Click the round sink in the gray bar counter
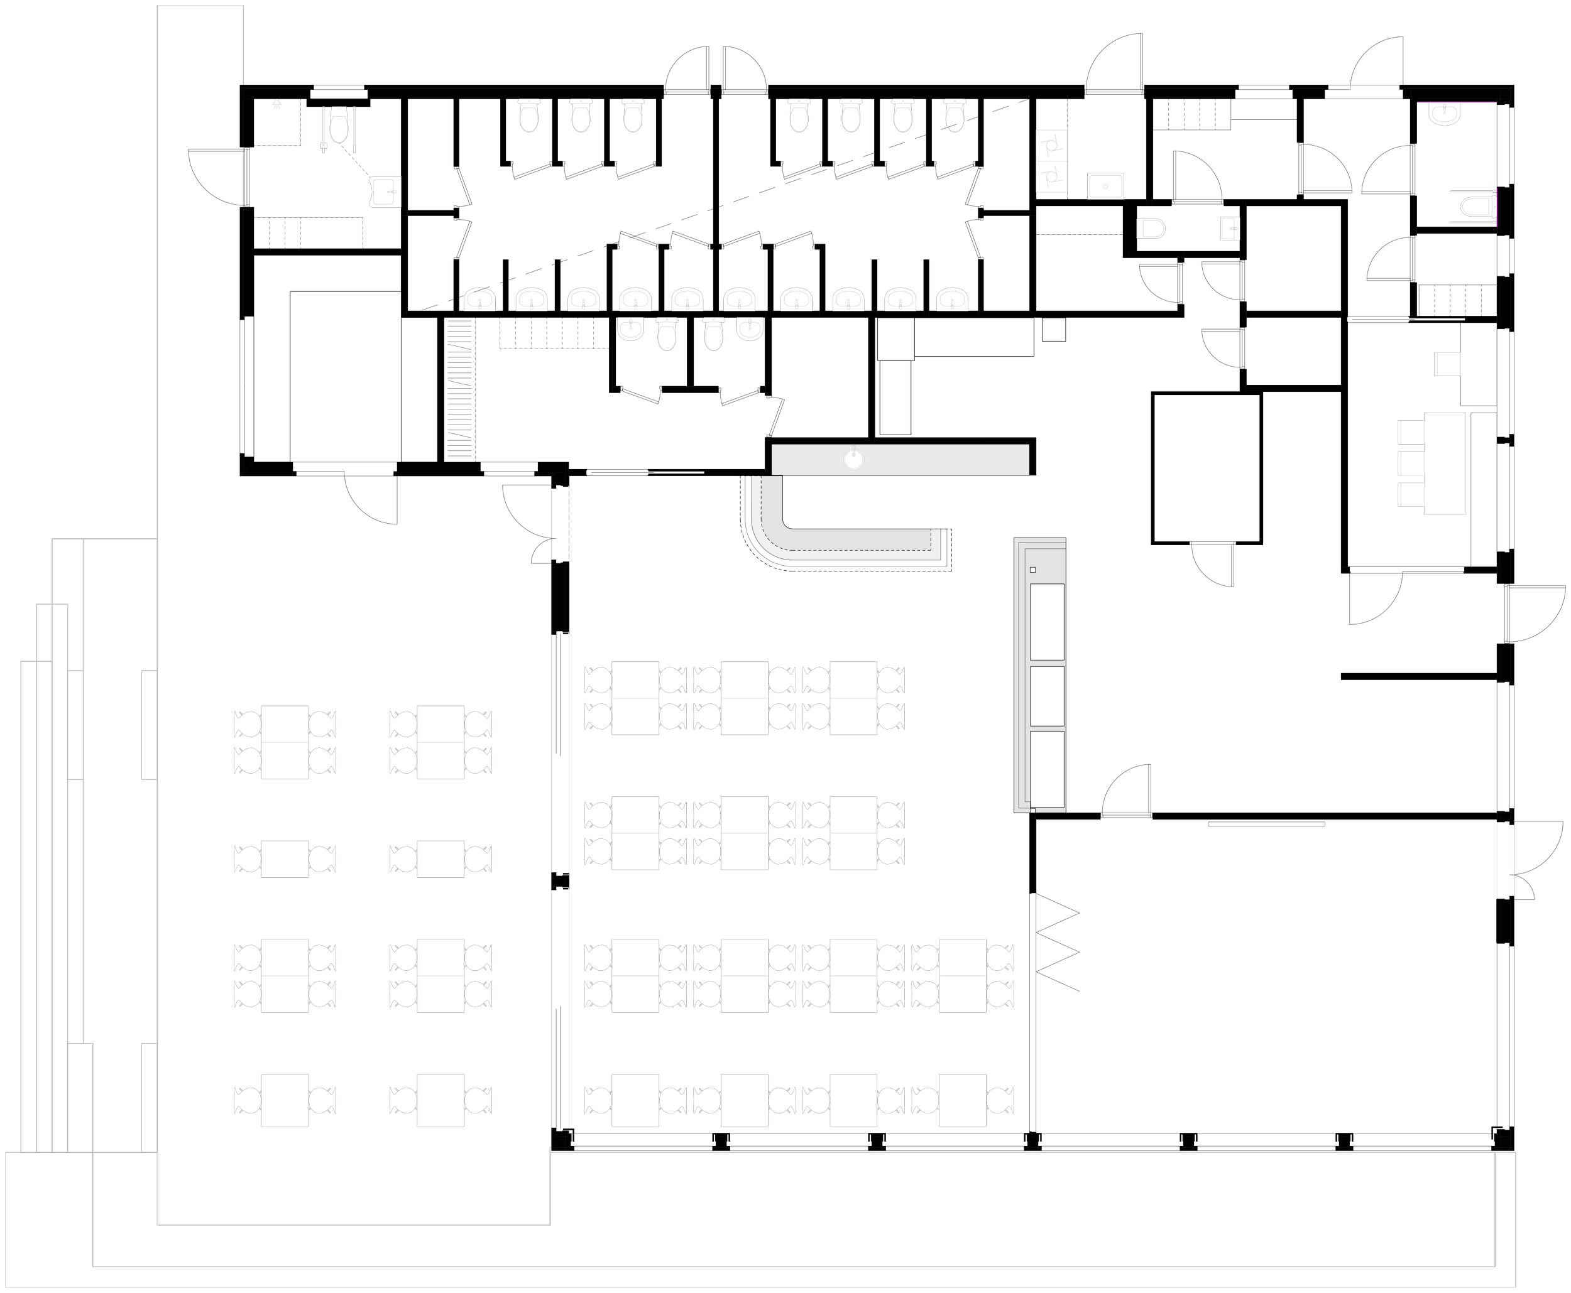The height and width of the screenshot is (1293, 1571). (x=854, y=458)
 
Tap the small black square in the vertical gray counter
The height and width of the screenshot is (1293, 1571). (x=1033, y=570)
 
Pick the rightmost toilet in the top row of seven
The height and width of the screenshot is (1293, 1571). (x=954, y=115)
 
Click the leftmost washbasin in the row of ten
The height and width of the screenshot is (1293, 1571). (x=480, y=300)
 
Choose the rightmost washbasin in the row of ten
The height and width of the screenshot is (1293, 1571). (x=953, y=300)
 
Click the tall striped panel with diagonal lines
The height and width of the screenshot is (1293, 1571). (x=460, y=389)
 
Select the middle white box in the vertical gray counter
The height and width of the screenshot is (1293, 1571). (x=1046, y=696)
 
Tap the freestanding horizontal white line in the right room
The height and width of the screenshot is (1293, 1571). (x=1266, y=824)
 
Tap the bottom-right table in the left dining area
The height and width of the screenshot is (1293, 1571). (x=441, y=1100)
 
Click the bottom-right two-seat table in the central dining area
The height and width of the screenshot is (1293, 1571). (x=962, y=1100)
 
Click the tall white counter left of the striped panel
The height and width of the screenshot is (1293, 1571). (x=419, y=389)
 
